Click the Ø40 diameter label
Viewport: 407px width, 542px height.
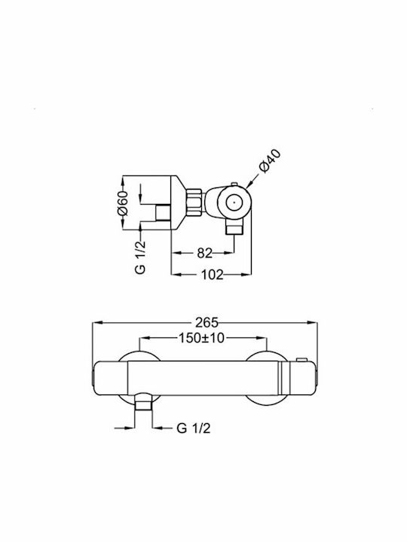tap(270, 161)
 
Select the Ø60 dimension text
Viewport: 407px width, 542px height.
tap(123, 203)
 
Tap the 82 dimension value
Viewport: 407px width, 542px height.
tap(204, 253)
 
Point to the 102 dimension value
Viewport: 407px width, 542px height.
tap(212, 275)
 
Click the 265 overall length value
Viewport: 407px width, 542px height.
tap(207, 322)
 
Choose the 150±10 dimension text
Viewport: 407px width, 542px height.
tap(202, 338)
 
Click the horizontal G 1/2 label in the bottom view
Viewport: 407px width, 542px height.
tap(193, 428)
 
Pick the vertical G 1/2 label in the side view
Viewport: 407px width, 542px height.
tap(140, 257)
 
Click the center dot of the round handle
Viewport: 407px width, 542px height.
tap(234, 203)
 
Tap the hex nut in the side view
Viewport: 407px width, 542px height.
tap(194, 202)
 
